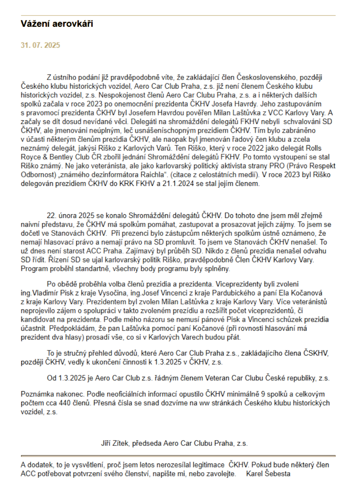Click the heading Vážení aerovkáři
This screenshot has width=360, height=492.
click(57, 24)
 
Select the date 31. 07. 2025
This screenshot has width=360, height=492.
click(40, 45)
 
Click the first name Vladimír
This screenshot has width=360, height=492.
click(47, 293)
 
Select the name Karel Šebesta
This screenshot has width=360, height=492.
click(268, 474)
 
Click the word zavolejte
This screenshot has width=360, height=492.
click(221, 474)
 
